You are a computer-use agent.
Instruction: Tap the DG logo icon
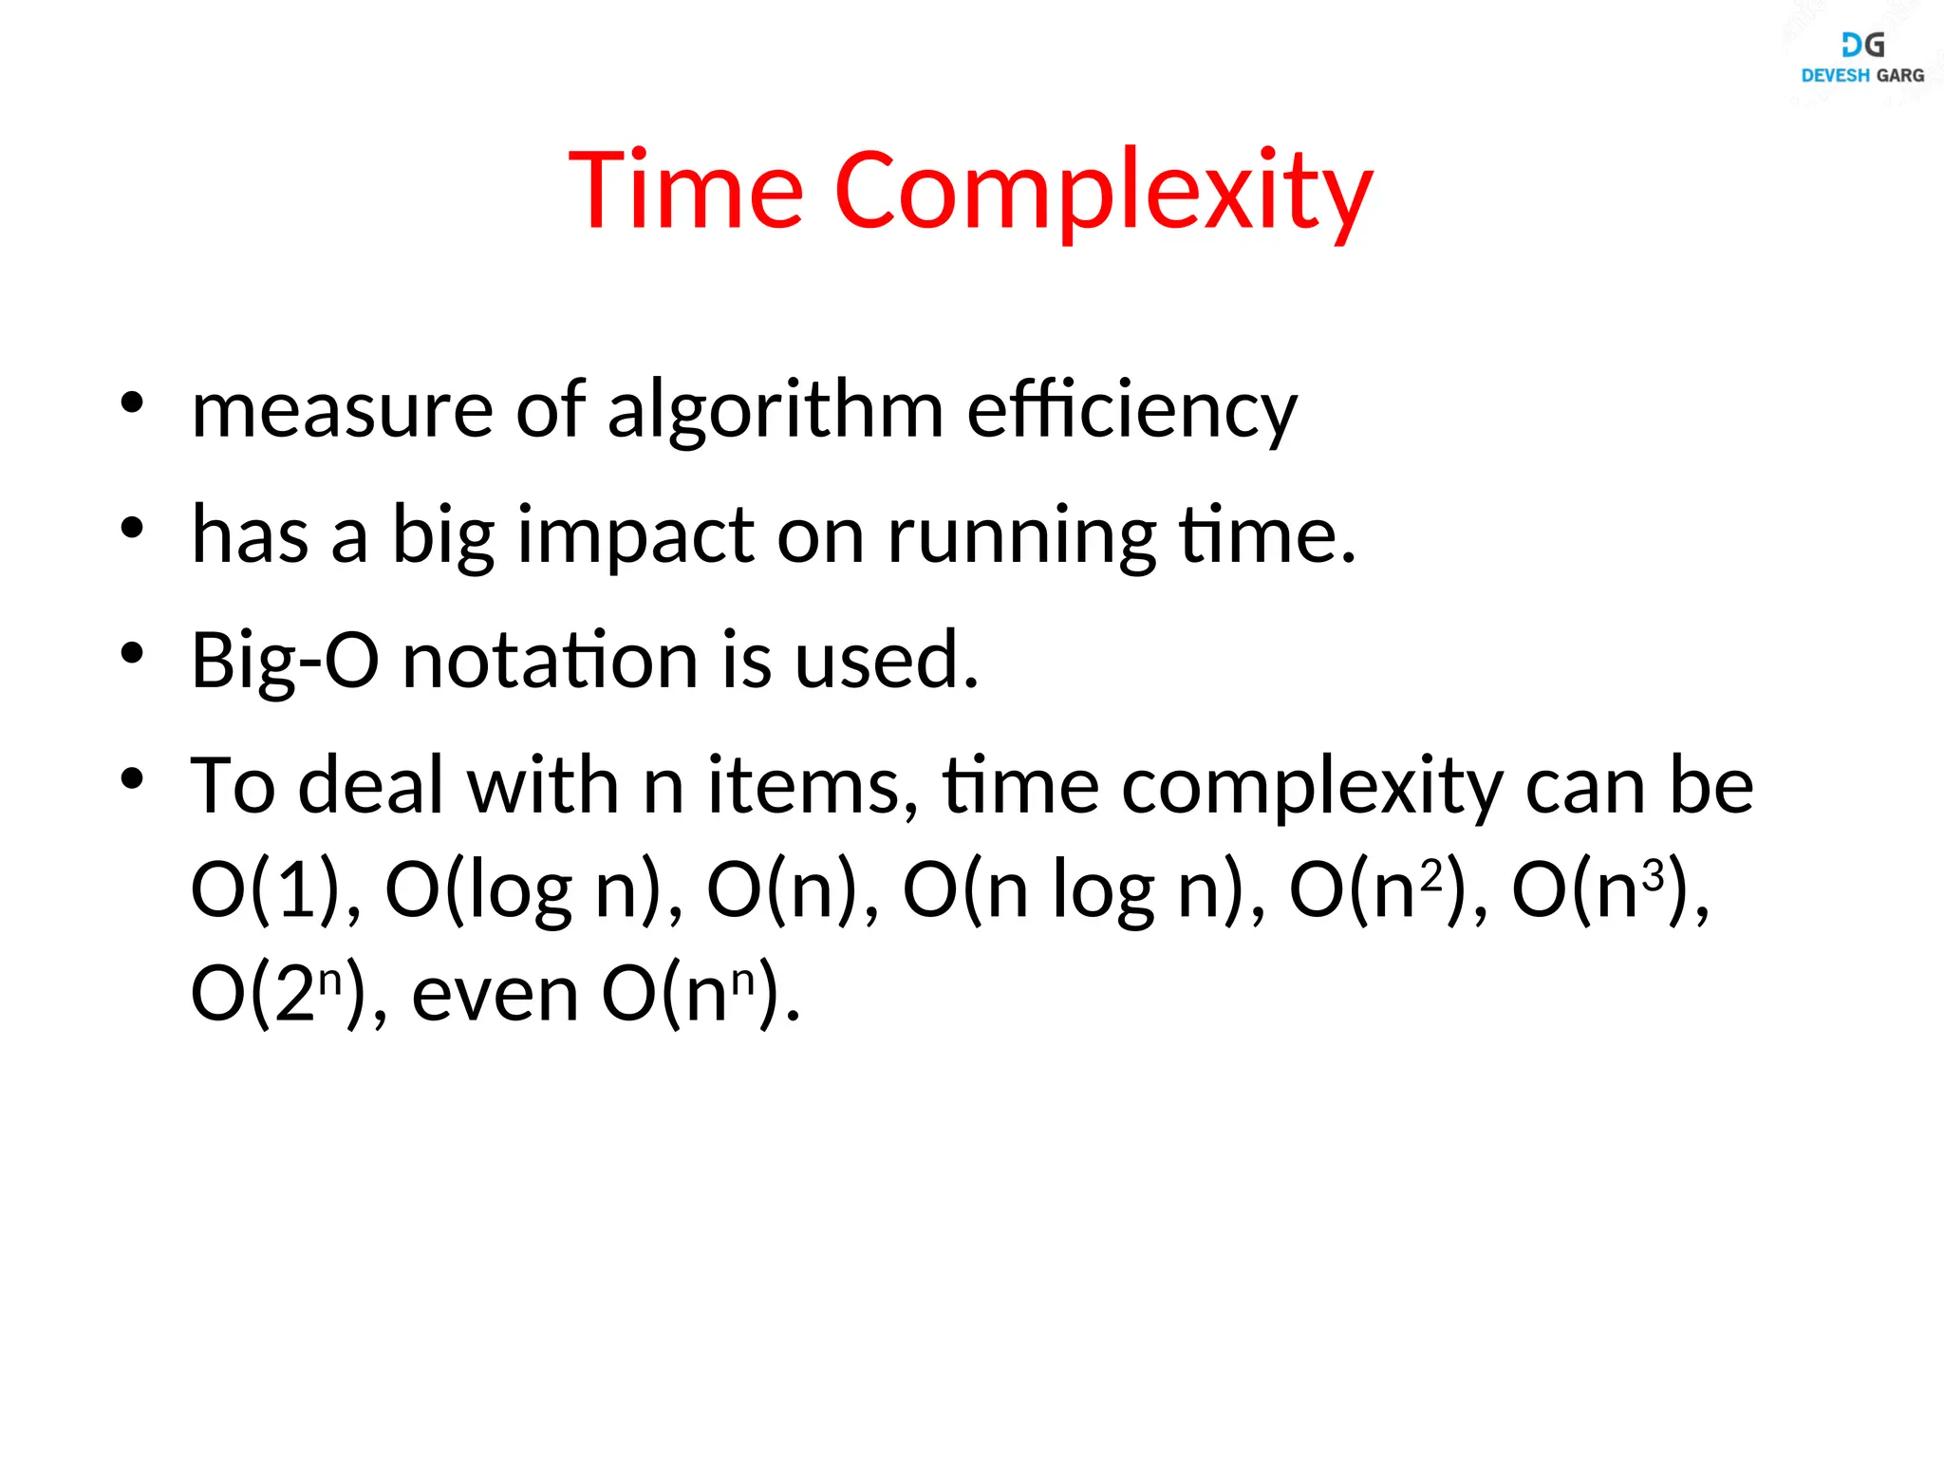click(x=1862, y=44)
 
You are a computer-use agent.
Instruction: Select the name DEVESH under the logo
click(x=1835, y=75)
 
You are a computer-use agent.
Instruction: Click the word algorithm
click(x=775, y=411)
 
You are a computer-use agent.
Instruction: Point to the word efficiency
click(x=1131, y=411)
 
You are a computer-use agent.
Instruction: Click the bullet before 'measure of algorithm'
click(x=132, y=402)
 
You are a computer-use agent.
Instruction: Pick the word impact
click(x=635, y=536)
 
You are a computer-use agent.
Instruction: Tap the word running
click(x=1021, y=536)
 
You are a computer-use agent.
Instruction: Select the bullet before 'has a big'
click(x=132, y=528)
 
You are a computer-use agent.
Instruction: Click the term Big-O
click(x=285, y=661)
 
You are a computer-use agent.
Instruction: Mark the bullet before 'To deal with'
click(x=132, y=778)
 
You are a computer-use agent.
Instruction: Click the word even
click(x=495, y=994)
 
